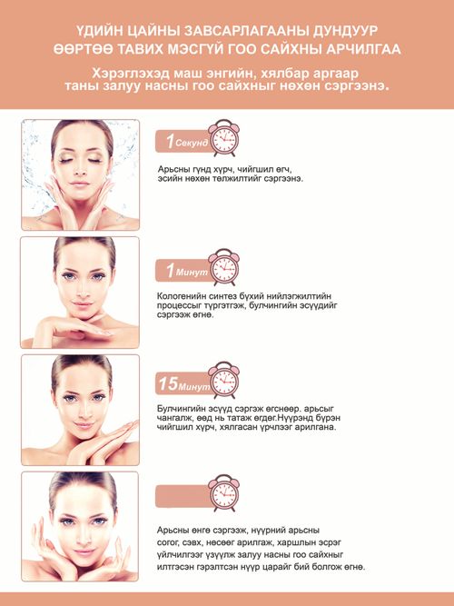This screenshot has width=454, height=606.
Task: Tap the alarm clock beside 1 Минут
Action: point(223,267)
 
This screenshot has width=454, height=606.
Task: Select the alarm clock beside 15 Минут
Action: point(223,381)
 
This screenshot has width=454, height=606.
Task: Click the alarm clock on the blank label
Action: point(223,493)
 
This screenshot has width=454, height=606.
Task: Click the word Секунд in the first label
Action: point(192,143)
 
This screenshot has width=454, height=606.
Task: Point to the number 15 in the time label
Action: point(169,383)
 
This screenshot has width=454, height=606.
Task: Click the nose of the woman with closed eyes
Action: point(80,168)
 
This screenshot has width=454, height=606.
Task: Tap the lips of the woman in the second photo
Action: point(82,304)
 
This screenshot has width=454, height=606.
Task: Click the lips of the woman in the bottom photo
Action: point(84,552)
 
